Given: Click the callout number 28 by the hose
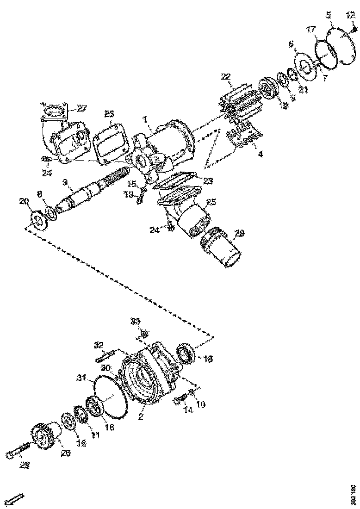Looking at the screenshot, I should click(x=239, y=234).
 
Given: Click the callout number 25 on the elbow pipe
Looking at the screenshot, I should click(x=211, y=202).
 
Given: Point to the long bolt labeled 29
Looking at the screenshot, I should click(x=19, y=453).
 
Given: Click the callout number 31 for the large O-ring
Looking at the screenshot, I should click(x=81, y=377).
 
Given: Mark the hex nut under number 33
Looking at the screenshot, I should click(x=144, y=334).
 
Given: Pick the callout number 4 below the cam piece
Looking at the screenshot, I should click(x=260, y=154).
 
